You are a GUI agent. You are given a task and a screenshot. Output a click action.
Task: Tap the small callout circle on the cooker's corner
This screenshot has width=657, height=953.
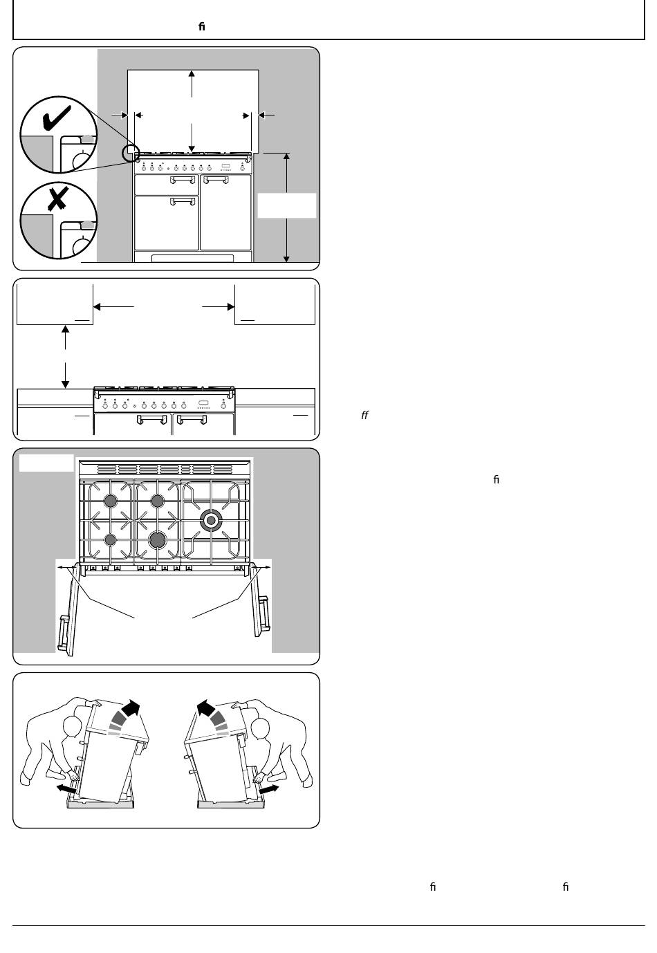point(131,153)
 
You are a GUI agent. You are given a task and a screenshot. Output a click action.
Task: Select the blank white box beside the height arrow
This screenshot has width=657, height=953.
point(287,205)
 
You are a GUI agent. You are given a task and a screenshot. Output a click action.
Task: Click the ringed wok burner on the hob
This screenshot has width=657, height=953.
point(211,520)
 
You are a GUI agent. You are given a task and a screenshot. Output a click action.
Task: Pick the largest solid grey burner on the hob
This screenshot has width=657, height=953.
point(158,540)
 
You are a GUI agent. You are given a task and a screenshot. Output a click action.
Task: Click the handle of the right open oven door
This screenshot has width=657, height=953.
point(264,613)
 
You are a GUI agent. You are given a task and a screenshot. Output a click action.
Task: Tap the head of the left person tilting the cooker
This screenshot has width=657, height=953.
point(73,727)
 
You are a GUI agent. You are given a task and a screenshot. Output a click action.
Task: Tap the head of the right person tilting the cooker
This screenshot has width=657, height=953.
point(260,729)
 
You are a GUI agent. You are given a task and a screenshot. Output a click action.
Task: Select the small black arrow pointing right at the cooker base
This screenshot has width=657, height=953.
point(269,789)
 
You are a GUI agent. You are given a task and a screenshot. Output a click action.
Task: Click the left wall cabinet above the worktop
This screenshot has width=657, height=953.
point(55,304)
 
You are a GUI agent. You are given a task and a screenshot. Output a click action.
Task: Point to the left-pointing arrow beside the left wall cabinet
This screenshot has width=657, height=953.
point(113,307)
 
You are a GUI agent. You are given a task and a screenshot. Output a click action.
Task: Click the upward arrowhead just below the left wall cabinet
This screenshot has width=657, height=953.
point(65,329)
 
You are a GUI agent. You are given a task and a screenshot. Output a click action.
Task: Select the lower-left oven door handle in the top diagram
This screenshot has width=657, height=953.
point(183,201)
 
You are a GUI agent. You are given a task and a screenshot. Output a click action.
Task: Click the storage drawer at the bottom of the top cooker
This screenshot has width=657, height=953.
point(193,258)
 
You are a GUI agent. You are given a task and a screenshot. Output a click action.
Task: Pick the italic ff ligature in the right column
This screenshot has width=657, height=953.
point(364,415)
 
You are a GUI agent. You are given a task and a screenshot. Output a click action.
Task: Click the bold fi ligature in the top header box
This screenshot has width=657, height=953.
point(202,26)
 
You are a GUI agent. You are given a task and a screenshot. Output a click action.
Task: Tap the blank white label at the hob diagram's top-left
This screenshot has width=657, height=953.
point(46,463)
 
